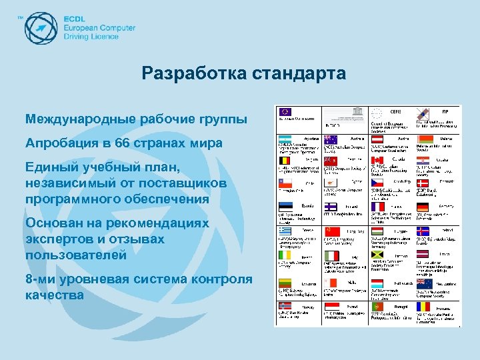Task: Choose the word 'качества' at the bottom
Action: point(55,294)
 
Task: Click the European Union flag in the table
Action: point(285,112)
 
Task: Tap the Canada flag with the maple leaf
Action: point(378,160)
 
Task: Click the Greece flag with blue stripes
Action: point(285,231)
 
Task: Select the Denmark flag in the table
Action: point(423,183)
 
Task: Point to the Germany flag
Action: point(423,207)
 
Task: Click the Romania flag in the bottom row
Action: point(423,306)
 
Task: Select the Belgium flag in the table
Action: point(285,160)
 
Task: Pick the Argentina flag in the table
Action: point(285,137)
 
